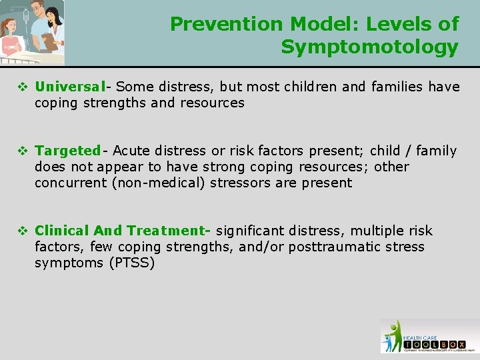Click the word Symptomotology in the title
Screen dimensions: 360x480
coord(369,47)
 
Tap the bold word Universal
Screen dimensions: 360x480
coord(71,87)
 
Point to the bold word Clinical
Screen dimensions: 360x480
coord(62,231)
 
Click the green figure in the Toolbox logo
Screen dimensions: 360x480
coord(395,333)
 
